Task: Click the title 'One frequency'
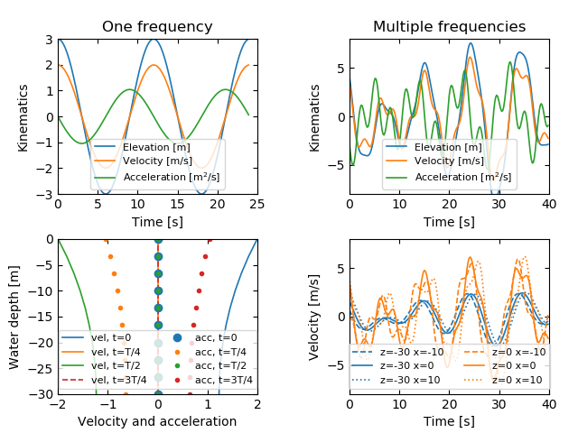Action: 157,27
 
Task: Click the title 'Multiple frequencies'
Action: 449,27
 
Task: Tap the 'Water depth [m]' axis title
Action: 14,316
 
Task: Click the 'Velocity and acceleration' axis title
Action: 157,421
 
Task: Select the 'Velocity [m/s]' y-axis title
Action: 313,316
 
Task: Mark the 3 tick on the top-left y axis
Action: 49,40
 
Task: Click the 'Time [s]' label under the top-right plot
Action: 449,222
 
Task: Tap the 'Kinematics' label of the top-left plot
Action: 23,116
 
